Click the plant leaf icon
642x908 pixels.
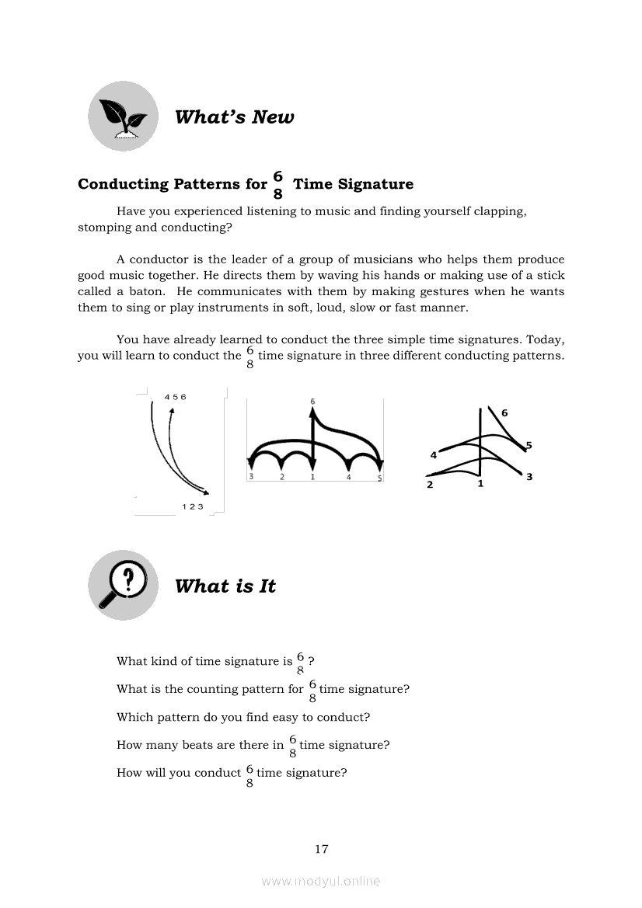(123, 117)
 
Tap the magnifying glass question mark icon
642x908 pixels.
(123, 585)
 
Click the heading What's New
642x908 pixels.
(234, 117)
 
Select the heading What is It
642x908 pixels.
(225, 586)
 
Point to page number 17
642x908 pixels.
(321, 849)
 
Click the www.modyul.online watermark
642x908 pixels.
(321, 881)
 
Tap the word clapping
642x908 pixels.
(498, 211)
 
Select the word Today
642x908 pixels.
(546, 339)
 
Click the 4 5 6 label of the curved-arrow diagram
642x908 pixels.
(175, 397)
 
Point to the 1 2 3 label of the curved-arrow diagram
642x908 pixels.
(192, 506)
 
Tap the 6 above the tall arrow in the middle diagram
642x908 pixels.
(312, 402)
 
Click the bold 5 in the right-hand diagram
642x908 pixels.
(529, 445)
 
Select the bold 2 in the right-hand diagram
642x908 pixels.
(430, 485)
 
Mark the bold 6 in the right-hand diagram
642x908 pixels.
(504, 413)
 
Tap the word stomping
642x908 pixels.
(106, 228)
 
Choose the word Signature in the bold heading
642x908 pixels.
(375, 184)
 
